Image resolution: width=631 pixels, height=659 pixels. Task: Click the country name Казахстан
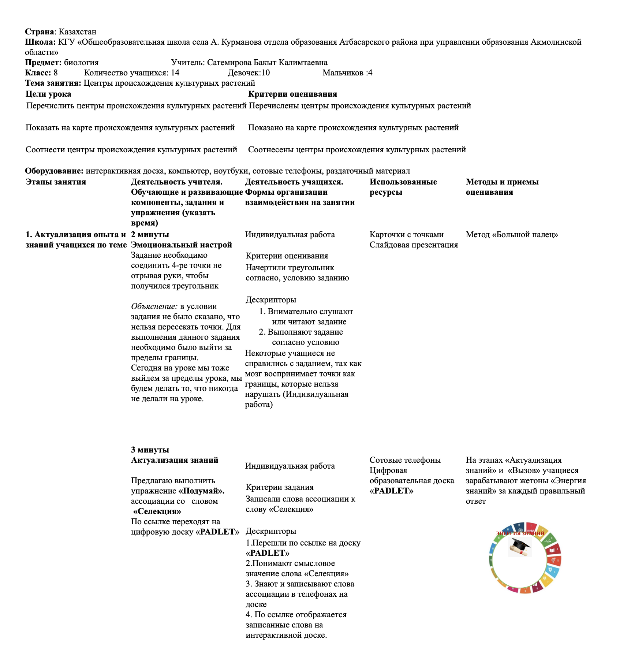[x=78, y=32]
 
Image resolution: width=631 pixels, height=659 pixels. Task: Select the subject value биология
[x=81, y=63]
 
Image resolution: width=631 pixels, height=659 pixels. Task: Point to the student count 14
[x=175, y=73]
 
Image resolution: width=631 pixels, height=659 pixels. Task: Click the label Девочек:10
[x=249, y=73]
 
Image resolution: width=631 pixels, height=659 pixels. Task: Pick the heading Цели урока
[x=48, y=94]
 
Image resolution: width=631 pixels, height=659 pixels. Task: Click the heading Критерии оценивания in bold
[x=292, y=94]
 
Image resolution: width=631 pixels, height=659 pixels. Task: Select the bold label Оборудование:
[x=54, y=171]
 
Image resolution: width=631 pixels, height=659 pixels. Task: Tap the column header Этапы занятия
[x=56, y=182]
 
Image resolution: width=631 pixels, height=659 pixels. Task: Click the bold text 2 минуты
[x=150, y=235]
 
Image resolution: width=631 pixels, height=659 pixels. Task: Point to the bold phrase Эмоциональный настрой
[x=182, y=245]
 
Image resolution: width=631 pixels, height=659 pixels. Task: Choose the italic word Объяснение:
[x=154, y=306]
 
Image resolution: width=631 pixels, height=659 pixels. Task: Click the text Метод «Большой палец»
[x=512, y=235]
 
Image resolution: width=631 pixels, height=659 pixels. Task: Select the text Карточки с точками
[x=406, y=235]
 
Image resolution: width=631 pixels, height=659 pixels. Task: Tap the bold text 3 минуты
[x=150, y=450]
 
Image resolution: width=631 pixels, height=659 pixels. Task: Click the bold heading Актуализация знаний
[x=175, y=460]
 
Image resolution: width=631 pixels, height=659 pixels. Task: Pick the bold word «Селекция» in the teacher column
[x=157, y=511]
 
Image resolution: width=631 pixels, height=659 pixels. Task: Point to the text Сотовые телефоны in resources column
[x=405, y=460]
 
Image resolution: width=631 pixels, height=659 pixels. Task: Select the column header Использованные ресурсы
[x=403, y=187]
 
